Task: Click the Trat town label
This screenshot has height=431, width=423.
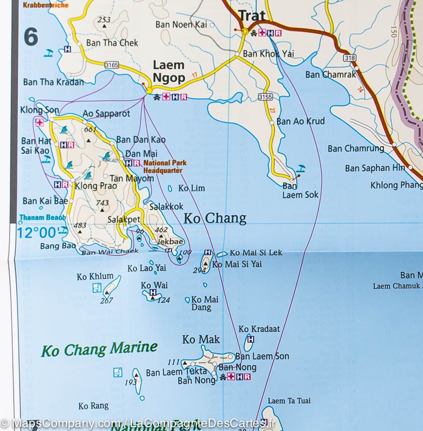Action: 252,16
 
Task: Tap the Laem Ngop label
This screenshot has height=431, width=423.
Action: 169,71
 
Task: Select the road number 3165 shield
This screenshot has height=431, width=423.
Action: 112,65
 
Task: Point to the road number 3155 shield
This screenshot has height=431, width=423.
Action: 265,97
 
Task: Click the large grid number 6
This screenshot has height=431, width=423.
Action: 31,37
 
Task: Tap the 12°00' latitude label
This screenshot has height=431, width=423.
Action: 37,233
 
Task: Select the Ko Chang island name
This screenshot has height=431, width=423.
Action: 215,218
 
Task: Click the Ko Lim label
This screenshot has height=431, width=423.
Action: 192,188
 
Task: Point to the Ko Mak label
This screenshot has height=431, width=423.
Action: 201,339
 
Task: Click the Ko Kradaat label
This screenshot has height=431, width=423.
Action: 259,329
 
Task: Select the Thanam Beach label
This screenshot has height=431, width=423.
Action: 42,217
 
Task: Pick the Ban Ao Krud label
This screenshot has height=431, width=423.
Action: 300,121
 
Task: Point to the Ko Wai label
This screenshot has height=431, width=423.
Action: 154,286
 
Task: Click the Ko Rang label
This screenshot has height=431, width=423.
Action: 93,406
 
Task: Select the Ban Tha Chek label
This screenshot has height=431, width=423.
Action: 112,43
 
